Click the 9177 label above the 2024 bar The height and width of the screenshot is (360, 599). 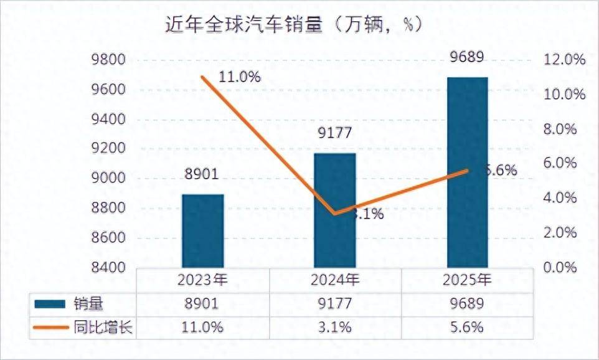pyautogui.click(x=334, y=133)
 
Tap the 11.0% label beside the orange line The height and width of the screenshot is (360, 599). pyautogui.click(x=239, y=77)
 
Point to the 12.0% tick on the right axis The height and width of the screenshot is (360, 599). pyautogui.click(x=565, y=60)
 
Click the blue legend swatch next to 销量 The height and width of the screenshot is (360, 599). pyautogui.click(x=50, y=304)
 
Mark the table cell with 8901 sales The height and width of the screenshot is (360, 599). pyautogui.click(x=202, y=304)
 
